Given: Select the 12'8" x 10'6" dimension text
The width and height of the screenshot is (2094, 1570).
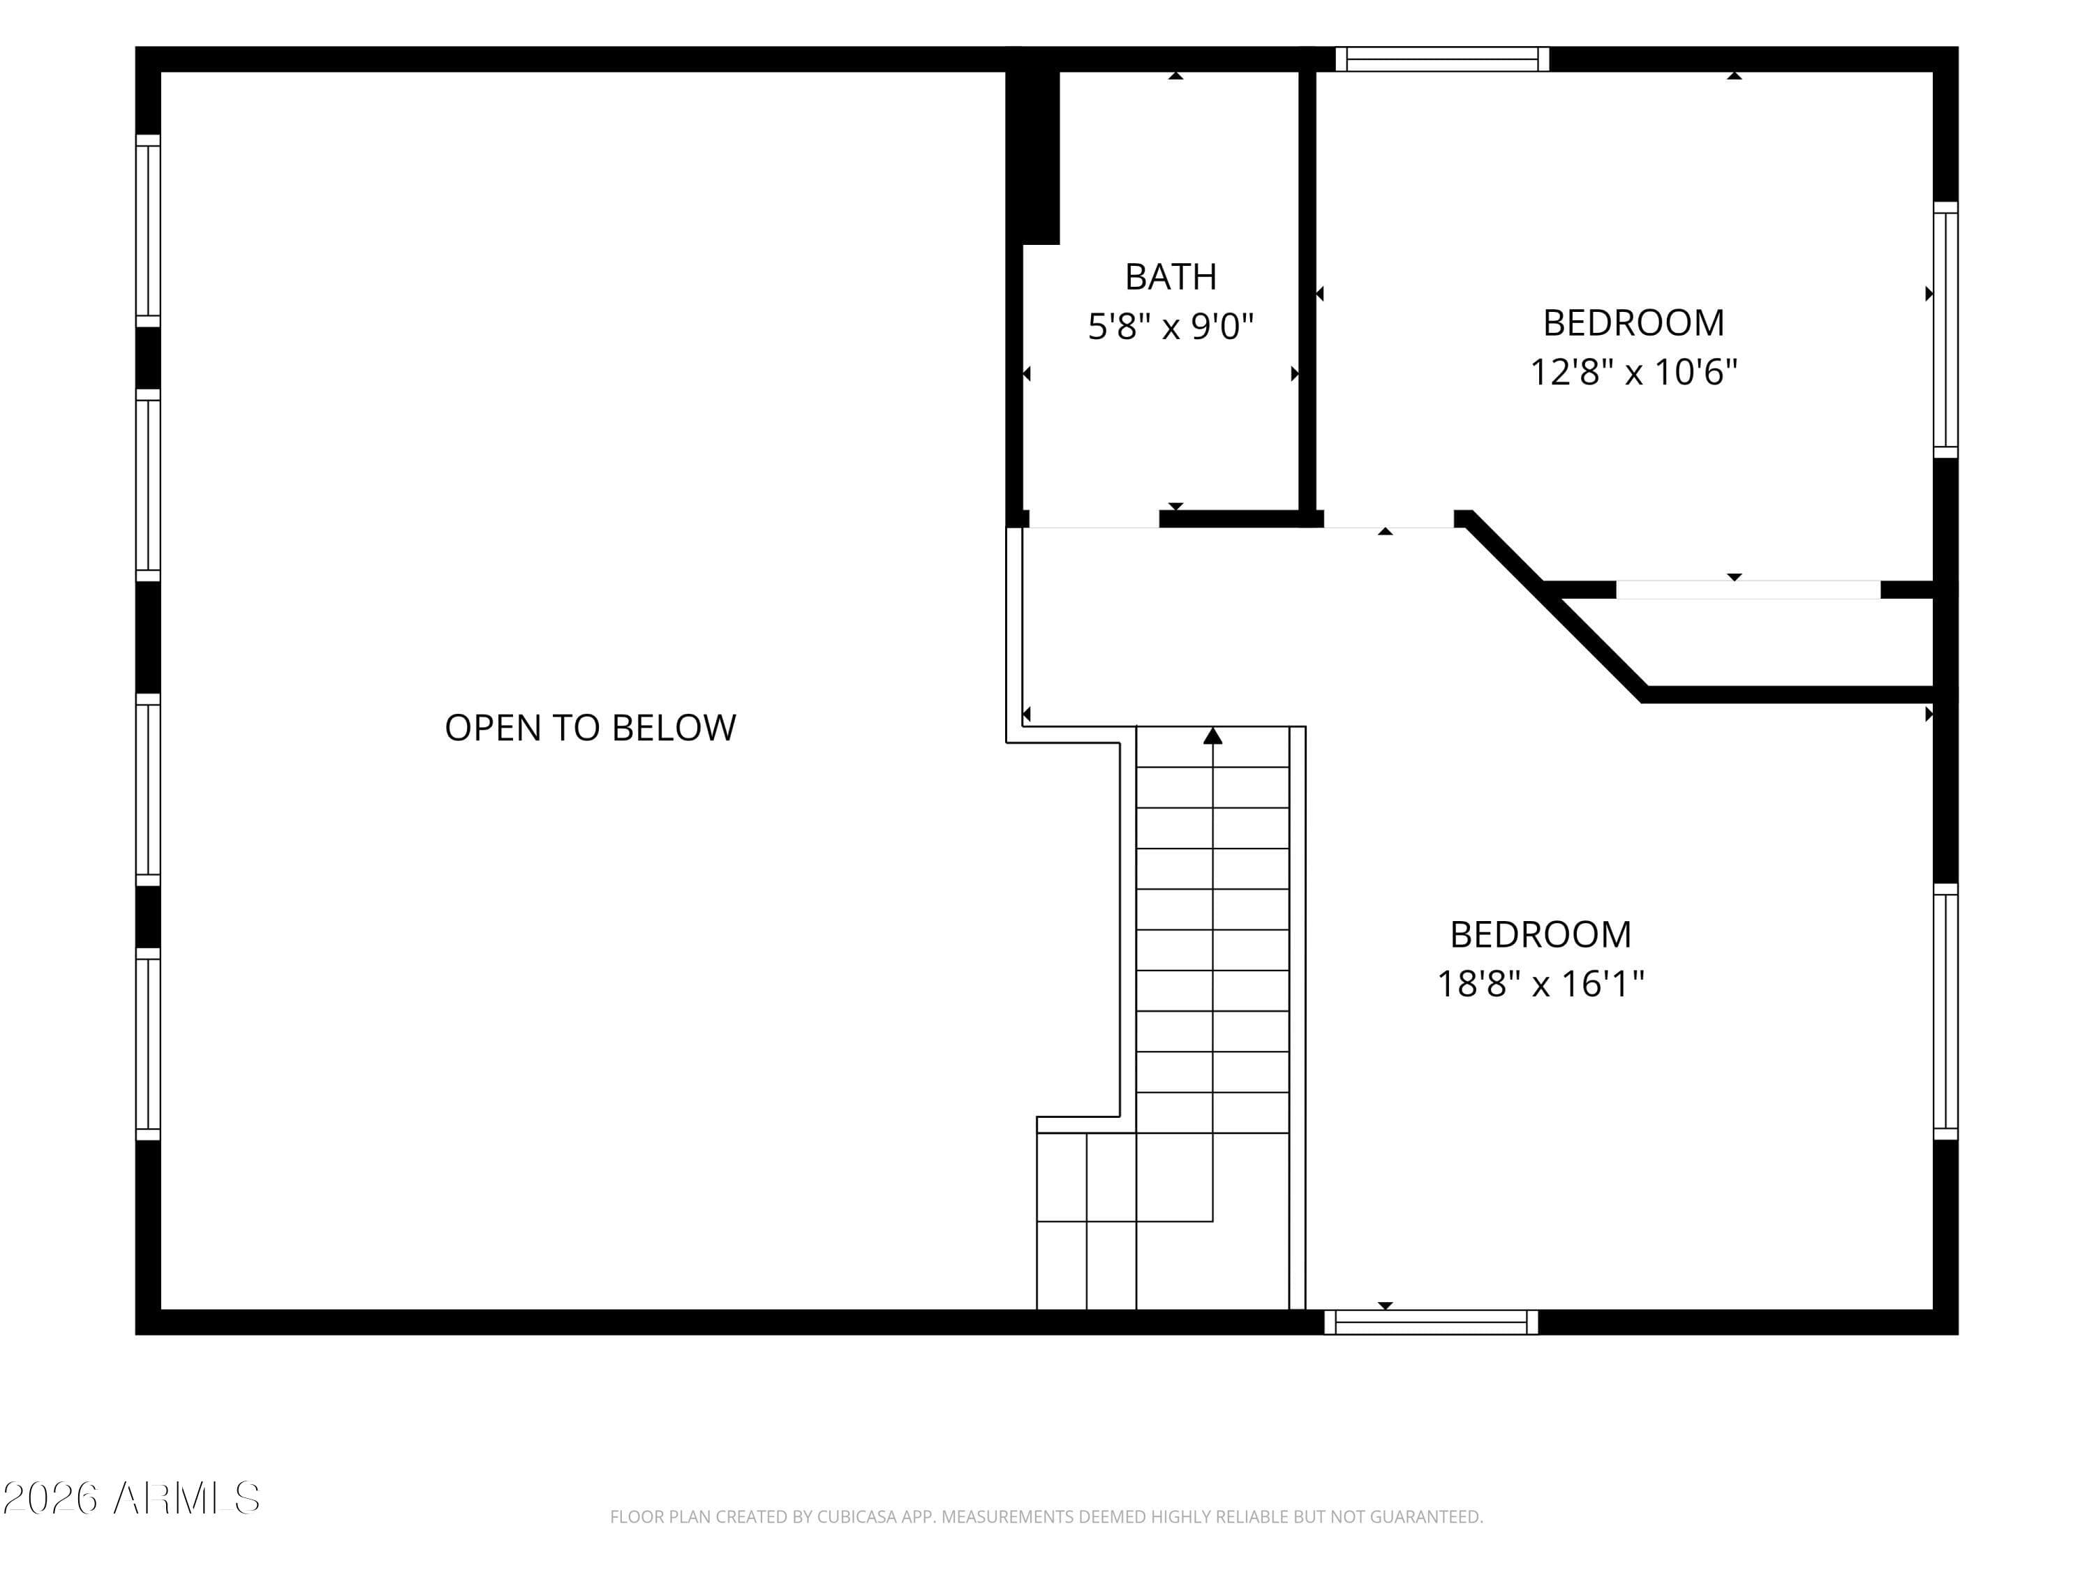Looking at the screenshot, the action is [1634, 372].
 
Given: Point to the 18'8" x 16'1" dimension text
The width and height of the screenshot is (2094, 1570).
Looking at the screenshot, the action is [1540, 984].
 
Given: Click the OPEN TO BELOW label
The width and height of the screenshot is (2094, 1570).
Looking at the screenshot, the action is [590, 728].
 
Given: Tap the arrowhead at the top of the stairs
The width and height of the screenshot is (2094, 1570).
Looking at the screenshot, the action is [1212, 735].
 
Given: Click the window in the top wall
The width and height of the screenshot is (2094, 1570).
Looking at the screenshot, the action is [1442, 59].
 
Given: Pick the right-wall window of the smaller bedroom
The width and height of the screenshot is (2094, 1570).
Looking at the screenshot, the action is [1945, 329].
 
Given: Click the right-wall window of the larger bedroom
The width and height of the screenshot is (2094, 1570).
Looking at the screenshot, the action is [1945, 1012].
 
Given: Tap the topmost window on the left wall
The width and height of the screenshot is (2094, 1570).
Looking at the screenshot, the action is [148, 230].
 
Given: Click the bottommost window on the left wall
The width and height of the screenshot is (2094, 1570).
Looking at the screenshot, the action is [148, 1045].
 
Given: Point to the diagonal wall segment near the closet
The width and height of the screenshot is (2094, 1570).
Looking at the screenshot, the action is [1552, 606].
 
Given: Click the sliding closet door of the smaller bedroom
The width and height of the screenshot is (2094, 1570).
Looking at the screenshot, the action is [1748, 590].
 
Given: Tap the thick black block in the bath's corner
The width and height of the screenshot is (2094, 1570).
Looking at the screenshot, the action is [1032, 157].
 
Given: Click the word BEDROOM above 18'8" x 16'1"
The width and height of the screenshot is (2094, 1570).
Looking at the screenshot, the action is [1540, 935].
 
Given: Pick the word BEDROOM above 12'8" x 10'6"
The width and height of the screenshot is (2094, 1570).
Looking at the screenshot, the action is [1634, 322].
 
